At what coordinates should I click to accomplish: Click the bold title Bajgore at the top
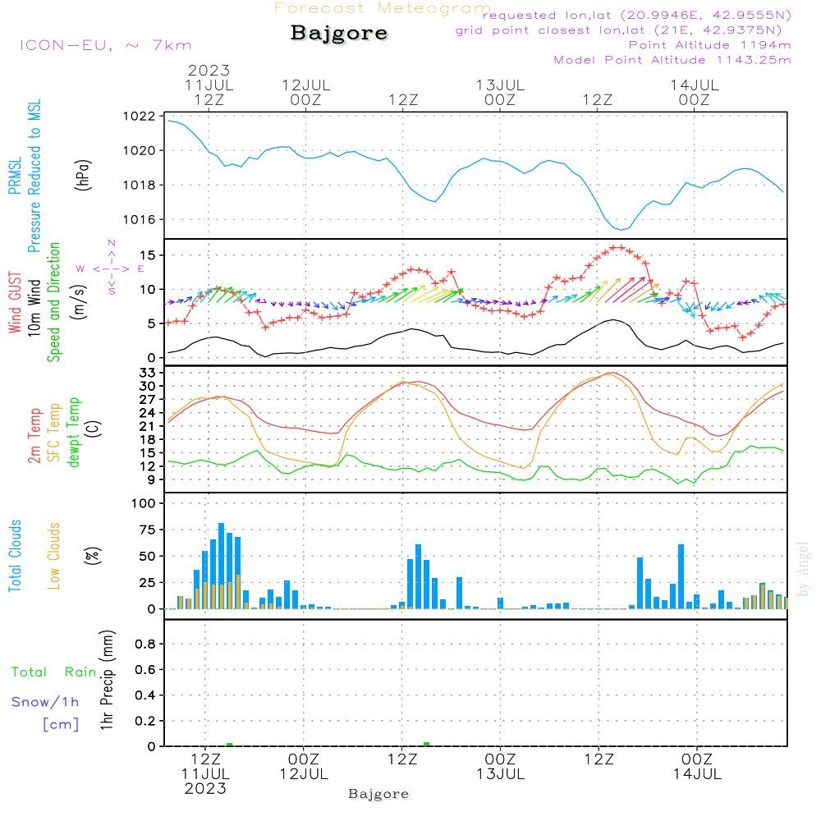pyautogui.click(x=339, y=34)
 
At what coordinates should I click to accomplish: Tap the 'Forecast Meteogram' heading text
pyautogui.click(x=383, y=8)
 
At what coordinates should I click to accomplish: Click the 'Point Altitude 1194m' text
pyautogui.click(x=709, y=45)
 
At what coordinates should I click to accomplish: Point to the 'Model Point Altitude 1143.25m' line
pyautogui.click(x=672, y=60)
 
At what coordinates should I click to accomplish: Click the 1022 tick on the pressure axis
pyautogui.click(x=142, y=117)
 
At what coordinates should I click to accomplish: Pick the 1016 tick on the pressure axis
pyautogui.click(x=142, y=219)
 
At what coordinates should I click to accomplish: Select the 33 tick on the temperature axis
pyautogui.click(x=148, y=373)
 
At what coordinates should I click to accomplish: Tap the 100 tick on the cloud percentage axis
pyautogui.click(x=144, y=502)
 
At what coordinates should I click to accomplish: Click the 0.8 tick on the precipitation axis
pyautogui.click(x=146, y=644)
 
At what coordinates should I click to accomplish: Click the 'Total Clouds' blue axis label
pyautogui.click(x=15, y=556)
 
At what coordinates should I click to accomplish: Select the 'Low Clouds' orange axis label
pyautogui.click(x=54, y=556)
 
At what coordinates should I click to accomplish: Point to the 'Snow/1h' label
pyautogui.click(x=45, y=702)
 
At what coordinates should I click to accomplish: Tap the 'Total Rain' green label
pyautogui.click(x=53, y=672)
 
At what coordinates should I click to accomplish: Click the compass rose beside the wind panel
pyautogui.click(x=111, y=268)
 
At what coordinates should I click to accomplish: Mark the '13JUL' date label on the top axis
pyautogui.click(x=500, y=85)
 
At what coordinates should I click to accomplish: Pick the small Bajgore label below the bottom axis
pyautogui.click(x=378, y=794)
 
